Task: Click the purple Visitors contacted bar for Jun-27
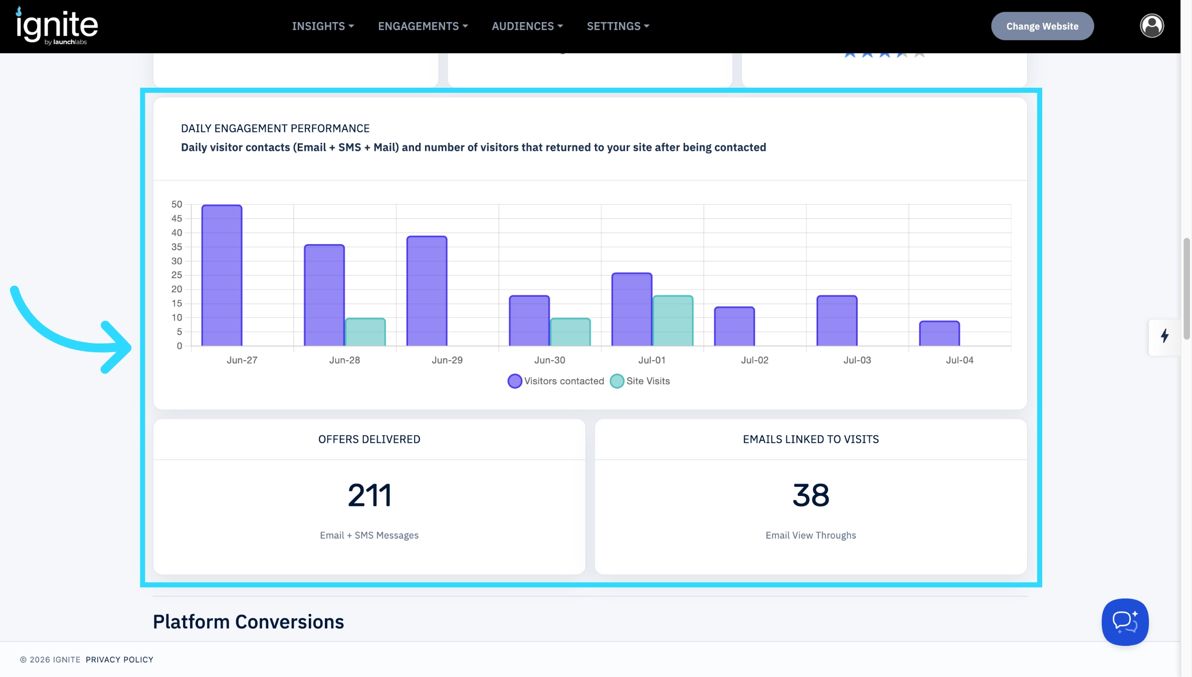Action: [x=222, y=275]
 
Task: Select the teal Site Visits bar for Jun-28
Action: [x=365, y=332]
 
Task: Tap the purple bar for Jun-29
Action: [x=427, y=291]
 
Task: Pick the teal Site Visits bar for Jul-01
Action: [x=673, y=320]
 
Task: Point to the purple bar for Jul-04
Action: [x=939, y=333]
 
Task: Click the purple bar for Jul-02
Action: [x=734, y=326]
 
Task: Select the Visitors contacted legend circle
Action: [x=515, y=381]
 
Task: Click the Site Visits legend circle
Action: [x=617, y=381]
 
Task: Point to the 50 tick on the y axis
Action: [x=177, y=204]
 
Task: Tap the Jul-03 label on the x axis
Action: [x=857, y=360]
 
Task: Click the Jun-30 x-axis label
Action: [x=549, y=360]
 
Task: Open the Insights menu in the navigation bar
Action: [x=323, y=26]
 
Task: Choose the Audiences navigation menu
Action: [x=527, y=26]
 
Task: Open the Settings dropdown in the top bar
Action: [x=618, y=26]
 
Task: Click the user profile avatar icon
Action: [x=1152, y=26]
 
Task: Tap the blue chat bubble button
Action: [x=1125, y=622]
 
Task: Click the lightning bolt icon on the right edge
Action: [x=1165, y=335]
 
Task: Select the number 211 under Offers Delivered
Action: [x=369, y=495]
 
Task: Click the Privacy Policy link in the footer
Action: [x=119, y=659]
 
